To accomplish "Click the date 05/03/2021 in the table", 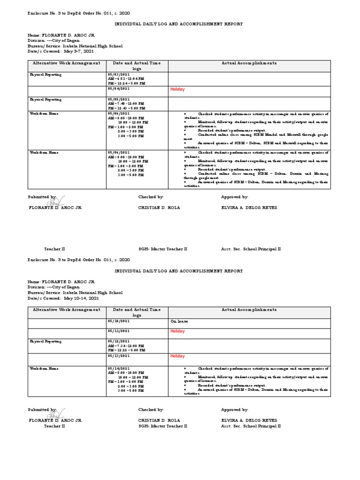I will click(x=119, y=75).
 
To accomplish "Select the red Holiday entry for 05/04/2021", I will click(x=177, y=89).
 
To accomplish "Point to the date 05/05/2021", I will click(x=119, y=99).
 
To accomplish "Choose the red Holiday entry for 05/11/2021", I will click(x=177, y=331).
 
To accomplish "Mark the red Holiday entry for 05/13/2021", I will click(x=177, y=356).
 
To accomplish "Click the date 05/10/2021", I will click(x=119, y=321).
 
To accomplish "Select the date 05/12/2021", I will click(x=119, y=341).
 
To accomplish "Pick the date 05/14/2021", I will click(x=119, y=368).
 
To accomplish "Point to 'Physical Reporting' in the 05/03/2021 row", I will click(x=46, y=75).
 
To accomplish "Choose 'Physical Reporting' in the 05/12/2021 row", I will click(x=46, y=341).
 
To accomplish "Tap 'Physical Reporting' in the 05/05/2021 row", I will click(x=46, y=99).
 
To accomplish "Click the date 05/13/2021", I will click(x=119, y=356).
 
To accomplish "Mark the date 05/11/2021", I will click(x=119, y=331).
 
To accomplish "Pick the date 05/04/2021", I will click(x=119, y=89).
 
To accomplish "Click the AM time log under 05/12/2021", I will click(x=125, y=345).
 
